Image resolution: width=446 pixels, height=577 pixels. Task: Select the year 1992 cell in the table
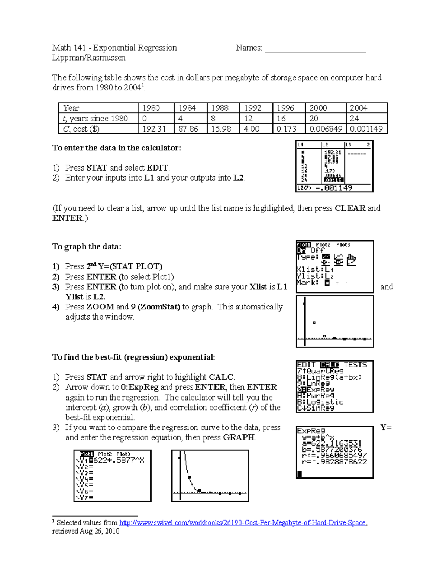click(256, 108)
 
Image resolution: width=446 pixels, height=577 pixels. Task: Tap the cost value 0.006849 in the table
click(325, 129)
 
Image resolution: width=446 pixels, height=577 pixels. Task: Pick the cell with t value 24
click(366, 118)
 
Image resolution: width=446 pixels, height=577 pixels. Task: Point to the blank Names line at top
click(315, 48)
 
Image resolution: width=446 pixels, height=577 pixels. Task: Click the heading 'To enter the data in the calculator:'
click(116, 148)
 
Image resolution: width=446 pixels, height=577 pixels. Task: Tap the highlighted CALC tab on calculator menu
click(329, 365)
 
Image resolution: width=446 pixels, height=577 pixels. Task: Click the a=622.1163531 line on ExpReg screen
click(332, 443)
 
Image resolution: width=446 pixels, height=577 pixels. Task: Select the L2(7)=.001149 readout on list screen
click(324, 188)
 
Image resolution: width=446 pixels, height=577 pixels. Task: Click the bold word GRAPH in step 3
click(239, 438)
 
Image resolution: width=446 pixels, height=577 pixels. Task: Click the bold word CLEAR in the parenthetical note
click(350, 208)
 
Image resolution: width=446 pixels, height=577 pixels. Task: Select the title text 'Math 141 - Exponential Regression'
click(114, 48)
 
